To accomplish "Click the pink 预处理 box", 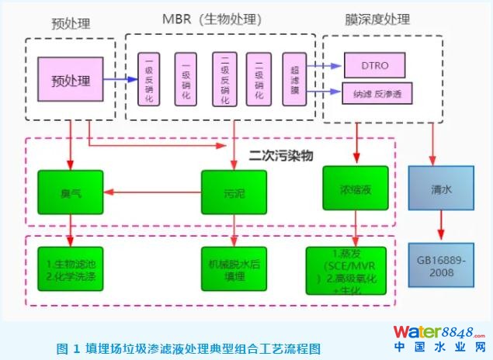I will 71,80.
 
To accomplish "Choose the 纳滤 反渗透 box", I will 376,95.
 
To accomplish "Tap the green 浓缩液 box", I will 356,189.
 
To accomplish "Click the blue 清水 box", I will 439,189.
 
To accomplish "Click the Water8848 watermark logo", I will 439,334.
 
